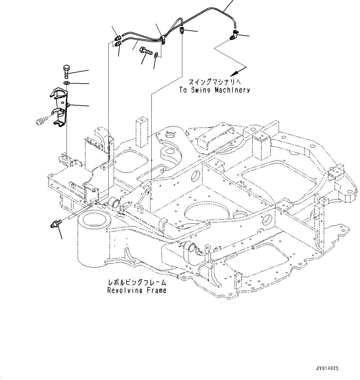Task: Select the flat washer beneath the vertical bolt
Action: pos(66,83)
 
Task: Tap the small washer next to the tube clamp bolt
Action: pos(157,55)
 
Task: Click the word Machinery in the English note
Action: pos(233,90)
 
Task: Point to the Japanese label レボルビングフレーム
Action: pos(137,282)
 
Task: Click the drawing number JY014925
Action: pos(327,368)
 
